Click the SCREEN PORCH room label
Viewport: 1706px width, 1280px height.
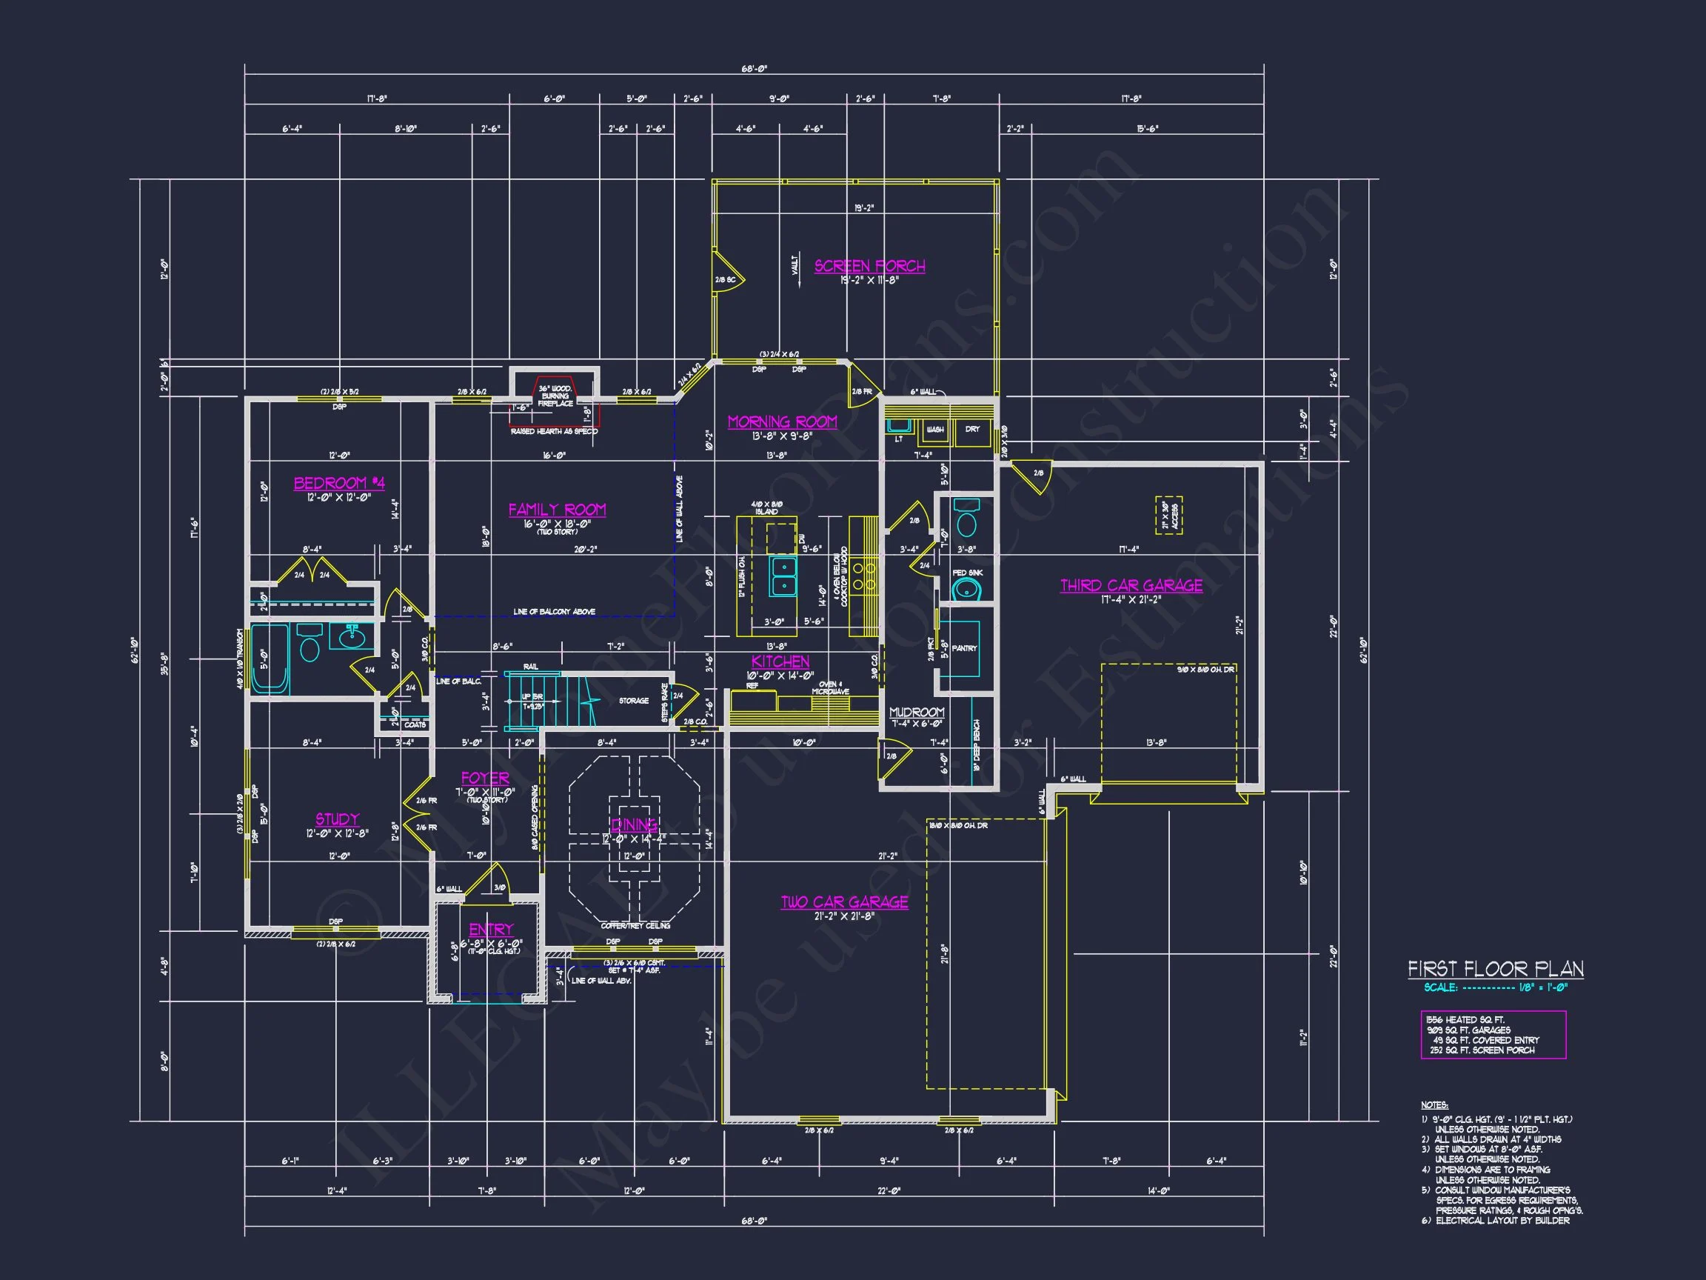tap(869, 265)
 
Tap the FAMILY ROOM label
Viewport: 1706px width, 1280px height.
tap(557, 509)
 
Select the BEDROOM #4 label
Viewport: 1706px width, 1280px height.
tap(338, 483)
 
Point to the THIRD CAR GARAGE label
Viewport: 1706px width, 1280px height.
tap(1131, 586)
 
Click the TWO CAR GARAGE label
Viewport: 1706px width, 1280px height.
tap(844, 902)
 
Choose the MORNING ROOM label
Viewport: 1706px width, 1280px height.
tap(782, 422)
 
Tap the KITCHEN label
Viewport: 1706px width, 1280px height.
tap(780, 661)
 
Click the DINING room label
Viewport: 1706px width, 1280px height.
tap(634, 824)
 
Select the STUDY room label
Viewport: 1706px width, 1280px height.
tap(337, 819)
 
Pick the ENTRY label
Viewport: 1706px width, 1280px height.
tap(491, 930)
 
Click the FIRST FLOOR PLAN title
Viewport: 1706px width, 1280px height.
tap(1496, 969)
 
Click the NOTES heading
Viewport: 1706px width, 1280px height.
tap(1434, 1106)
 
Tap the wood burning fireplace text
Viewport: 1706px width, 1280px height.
tap(555, 396)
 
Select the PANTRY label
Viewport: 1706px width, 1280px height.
tap(964, 648)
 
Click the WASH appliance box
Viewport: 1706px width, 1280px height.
tap(934, 430)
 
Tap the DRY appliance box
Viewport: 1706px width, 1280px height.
tap(971, 430)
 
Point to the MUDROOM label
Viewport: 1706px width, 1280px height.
tap(916, 712)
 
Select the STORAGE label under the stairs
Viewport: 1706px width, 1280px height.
tap(633, 701)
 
